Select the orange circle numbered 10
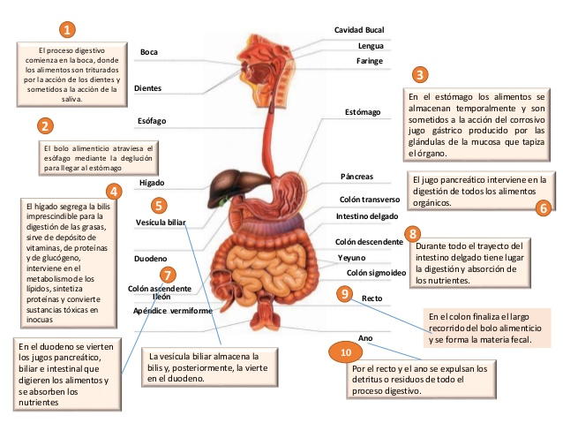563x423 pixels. [x=346, y=351]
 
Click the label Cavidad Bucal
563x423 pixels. [x=358, y=30]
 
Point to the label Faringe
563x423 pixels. [x=369, y=60]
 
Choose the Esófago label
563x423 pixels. [x=152, y=119]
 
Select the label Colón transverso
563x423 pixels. [x=370, y=200]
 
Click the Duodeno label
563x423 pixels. [x=149, y=261]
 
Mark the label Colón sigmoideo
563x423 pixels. [x=376, y=273]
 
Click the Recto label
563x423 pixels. [x=372, y=299]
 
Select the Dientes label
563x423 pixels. [x=147, y=89]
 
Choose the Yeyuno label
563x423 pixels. [x=352, y=257]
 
